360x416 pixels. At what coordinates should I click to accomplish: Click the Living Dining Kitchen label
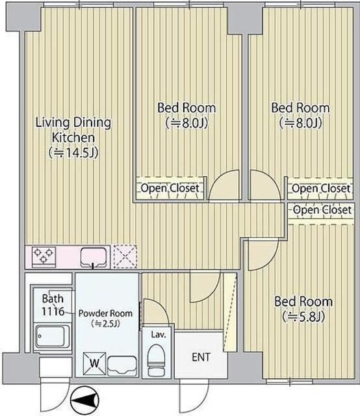point(73,130)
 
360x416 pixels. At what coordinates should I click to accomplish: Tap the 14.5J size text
point(73,153)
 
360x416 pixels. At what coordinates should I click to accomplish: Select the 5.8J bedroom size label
point(303,317)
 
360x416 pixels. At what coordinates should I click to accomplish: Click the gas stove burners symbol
point(44,255)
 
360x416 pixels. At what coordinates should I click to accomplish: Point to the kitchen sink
point(94,257)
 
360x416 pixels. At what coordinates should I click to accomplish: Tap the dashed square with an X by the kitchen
point(125,256)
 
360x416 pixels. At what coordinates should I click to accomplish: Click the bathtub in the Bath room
point(52,337)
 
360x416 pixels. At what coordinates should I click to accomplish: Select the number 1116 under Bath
point(53,311)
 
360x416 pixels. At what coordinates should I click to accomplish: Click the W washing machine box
point(94,363)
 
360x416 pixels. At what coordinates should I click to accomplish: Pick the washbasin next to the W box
point(122,365)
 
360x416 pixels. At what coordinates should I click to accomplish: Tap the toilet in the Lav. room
point(156,360)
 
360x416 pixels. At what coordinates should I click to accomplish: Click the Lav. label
point(159,335)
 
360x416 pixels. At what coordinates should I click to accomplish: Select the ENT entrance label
point(201,357)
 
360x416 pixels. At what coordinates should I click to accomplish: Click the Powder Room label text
point(105,313)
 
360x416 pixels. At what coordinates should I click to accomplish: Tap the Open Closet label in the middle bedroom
point(170,188)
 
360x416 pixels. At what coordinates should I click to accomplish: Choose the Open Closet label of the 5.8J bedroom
point(322,210)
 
